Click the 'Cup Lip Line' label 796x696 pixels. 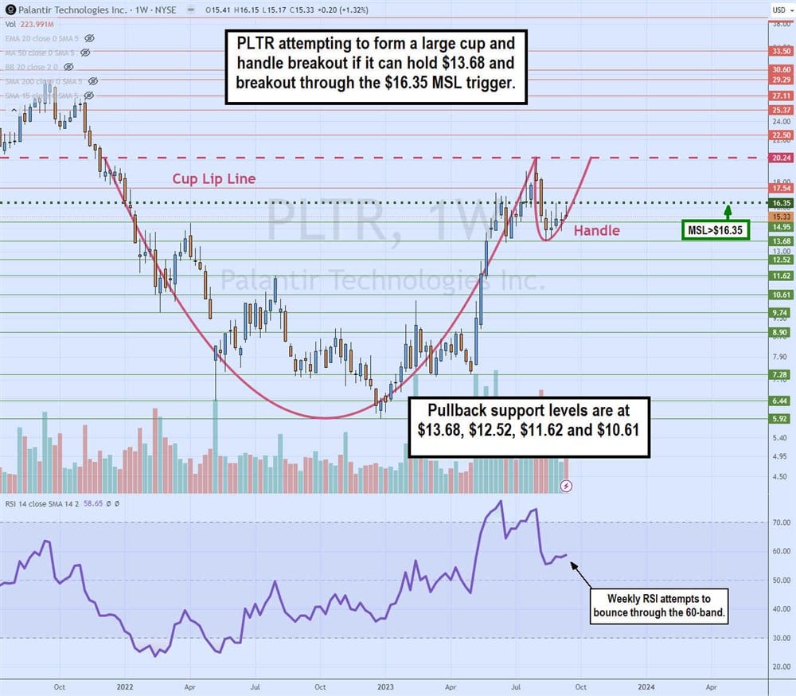(214, 178)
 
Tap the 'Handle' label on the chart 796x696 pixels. (596, 231)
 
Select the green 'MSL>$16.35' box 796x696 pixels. (716, 231)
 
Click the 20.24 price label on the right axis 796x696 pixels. (780, 158)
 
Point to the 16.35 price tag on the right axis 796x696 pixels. (780, 203)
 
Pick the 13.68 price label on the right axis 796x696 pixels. (780, 240)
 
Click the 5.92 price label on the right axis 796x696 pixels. (780, 418)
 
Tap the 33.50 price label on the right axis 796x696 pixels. (780, 50)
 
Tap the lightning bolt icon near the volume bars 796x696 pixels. (566, 485)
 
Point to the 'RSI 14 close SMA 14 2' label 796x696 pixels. (48, 504)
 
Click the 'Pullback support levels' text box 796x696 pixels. (528, 428)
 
